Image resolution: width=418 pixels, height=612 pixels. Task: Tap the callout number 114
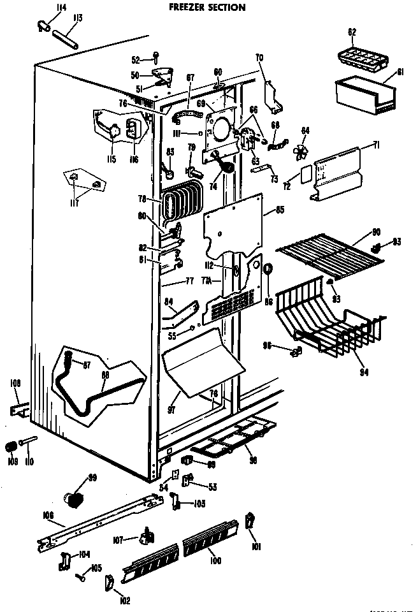point(61,8)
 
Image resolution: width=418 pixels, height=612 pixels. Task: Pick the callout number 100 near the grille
point(216,561)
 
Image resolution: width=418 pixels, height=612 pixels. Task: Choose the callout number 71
point(376,146)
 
